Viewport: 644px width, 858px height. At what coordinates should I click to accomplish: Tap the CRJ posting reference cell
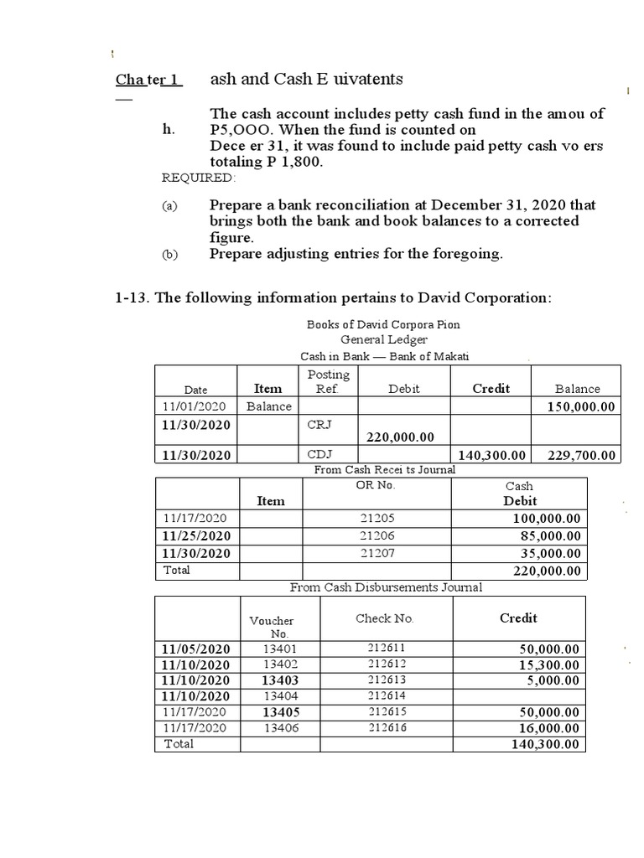point(320,425)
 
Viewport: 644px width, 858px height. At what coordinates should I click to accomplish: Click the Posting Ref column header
point(328,381)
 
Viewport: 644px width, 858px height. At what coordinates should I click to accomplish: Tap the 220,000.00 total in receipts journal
point(546,571)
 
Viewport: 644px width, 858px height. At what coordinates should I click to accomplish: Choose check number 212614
point(386,695)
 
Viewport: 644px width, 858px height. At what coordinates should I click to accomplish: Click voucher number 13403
point(278,680)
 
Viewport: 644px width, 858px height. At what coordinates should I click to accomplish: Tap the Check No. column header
point(385,618)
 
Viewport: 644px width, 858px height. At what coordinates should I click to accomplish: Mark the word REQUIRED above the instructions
point(199,178)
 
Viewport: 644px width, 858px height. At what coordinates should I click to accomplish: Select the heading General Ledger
point(384,339)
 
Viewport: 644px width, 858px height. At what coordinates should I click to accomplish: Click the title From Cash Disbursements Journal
point(386,587)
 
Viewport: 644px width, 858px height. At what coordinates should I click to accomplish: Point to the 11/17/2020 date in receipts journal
point(195,519)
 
